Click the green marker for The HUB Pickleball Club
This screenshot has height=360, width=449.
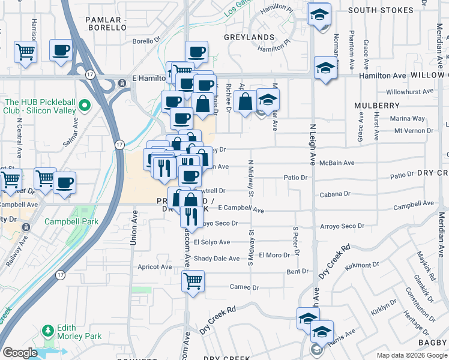(84, 106)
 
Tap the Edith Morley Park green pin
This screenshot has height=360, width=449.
(47, 331)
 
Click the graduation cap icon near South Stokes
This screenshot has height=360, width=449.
(319, 14)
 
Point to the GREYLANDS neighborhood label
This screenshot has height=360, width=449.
(249, 37)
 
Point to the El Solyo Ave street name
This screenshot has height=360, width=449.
(208, 242)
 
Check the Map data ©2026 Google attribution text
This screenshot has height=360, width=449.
(412, 355)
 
